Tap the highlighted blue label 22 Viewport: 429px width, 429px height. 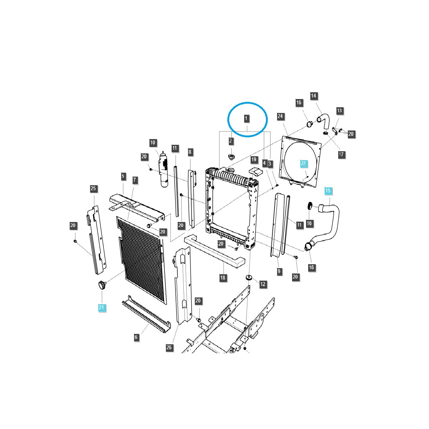point(303,163)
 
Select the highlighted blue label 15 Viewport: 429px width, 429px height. point(328,191)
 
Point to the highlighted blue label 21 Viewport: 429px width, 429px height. point(101,307)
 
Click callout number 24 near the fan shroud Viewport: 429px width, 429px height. point(280,116)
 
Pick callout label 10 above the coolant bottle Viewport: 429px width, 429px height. point(153,143)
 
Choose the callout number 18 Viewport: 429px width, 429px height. point(223,278)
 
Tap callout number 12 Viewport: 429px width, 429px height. point(263,284)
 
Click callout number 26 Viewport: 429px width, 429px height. point(169,347)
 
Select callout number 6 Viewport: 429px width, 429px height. point(136,337)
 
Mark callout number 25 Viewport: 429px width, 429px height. point(93,188)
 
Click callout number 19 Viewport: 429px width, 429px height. point(254,159)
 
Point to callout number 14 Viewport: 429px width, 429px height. point(314,96)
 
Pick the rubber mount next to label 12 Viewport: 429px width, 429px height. point(248,278)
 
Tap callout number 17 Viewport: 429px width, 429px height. point(341,154)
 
